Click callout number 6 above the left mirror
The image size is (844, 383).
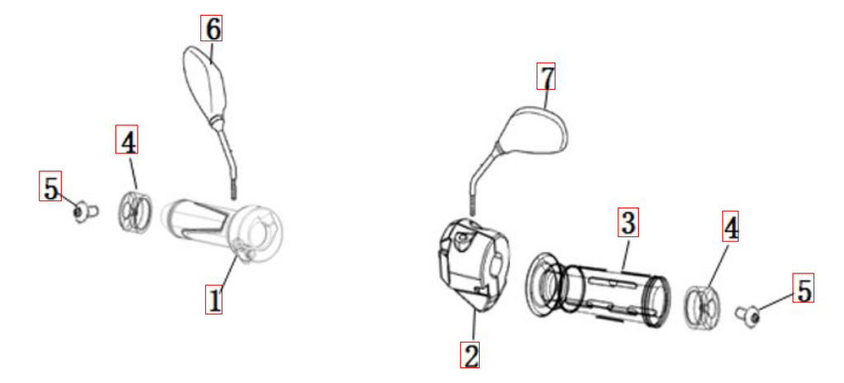coord(212,29)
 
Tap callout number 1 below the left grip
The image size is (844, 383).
coord(213,300)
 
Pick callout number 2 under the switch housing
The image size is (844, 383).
coord(470,355)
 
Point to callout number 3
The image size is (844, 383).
coord(627,222)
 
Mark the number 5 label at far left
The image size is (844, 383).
coord(50,186)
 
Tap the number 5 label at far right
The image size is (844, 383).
coord(803,288)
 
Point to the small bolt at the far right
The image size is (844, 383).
coord(748,314)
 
